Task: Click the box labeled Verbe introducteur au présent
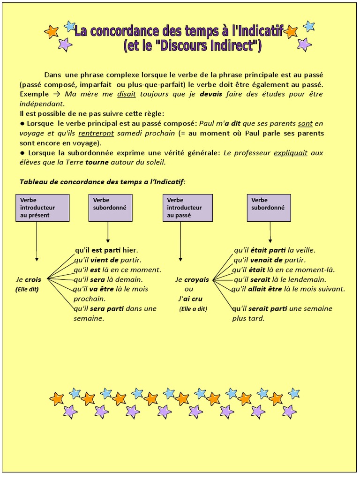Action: pos(43,208)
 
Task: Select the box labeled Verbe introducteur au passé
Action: pos(187,208)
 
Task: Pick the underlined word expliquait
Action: pos(291,153)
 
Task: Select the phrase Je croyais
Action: pos(192,280)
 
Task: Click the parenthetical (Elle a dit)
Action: pos(193,309)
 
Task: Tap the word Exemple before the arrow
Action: pos(34,94)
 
